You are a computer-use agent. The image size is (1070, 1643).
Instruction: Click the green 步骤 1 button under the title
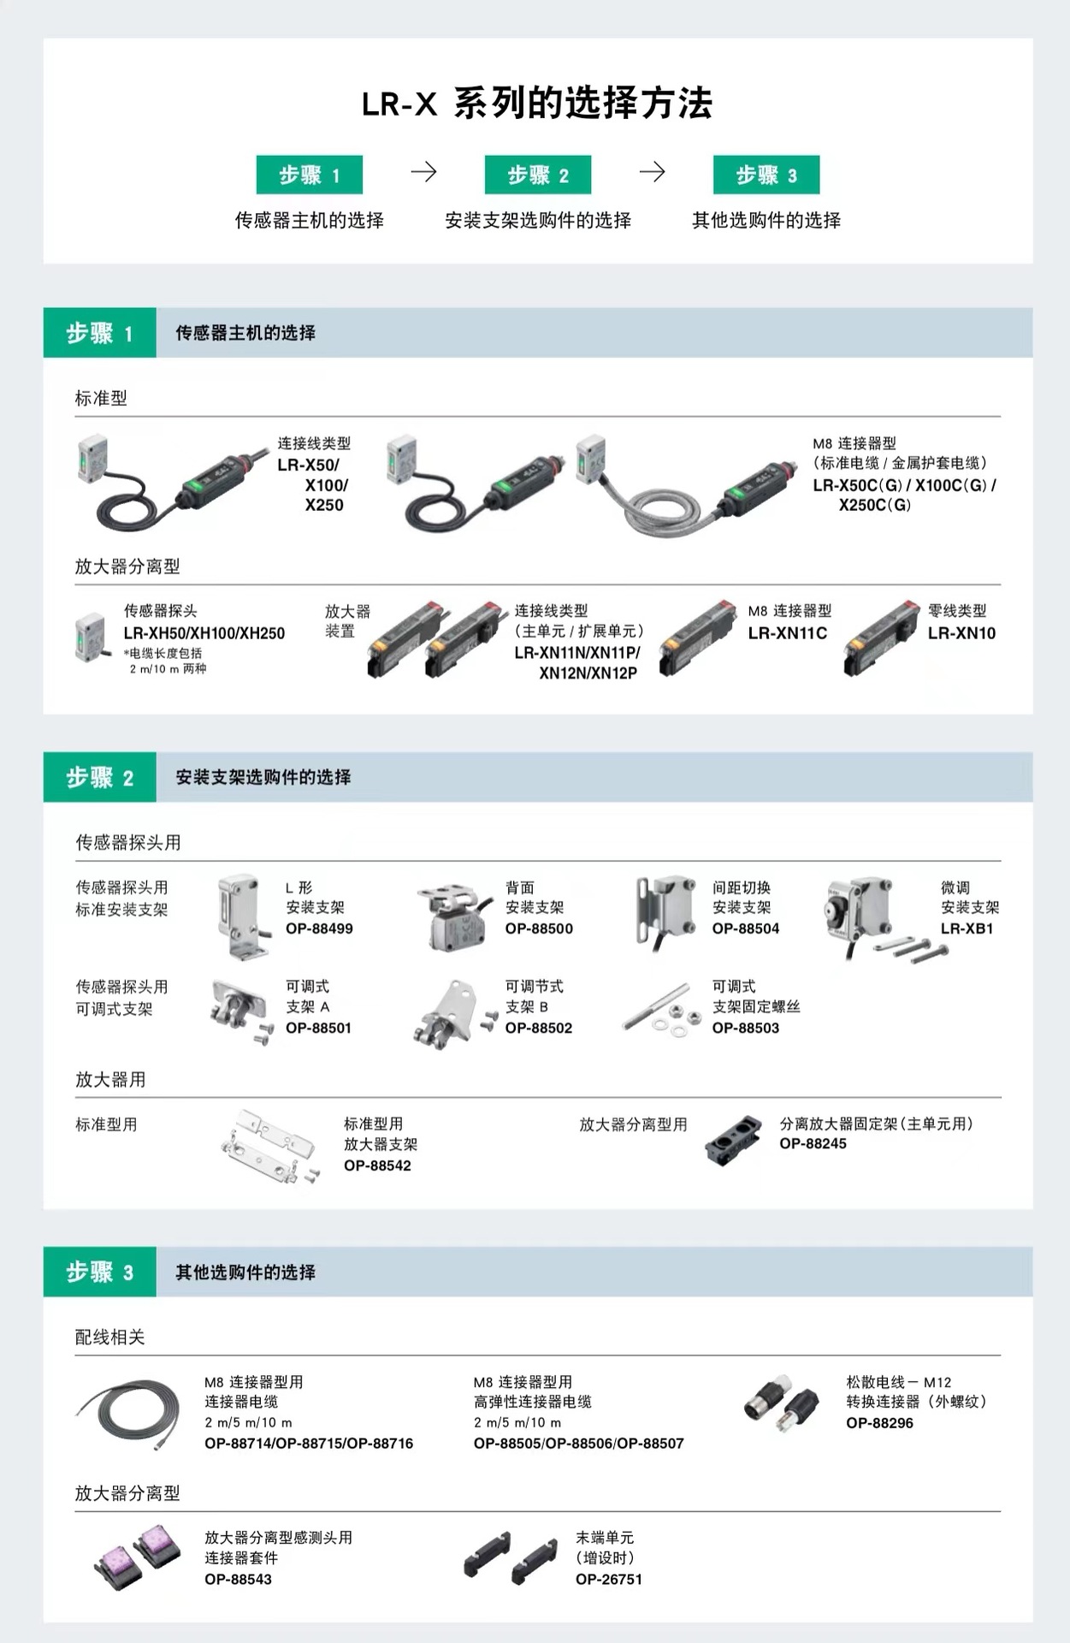[x=309, y=175]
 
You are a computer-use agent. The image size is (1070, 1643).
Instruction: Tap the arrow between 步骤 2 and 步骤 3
[x=652, y=172]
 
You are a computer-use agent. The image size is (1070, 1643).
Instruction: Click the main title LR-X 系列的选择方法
[x=536, y=104]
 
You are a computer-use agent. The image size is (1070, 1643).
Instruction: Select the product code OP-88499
[x=319, y=928]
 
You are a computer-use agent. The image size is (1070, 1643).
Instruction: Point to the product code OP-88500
[x=539, y=928]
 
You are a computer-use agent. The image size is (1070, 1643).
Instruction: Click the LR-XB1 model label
[x=967, y=928]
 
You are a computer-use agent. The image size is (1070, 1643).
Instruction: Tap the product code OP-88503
[x=745, y=1028]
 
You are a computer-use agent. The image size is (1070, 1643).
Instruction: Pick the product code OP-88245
[x=813, y=1143]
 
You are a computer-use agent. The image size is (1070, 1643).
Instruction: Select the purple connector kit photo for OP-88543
[x=137, y=1555]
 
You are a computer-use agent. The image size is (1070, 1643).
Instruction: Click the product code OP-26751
[x=608, y=1579]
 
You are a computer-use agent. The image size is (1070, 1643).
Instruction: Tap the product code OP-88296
[x=879, y=1423]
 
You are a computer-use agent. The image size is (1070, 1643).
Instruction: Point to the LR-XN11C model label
[x=787, y=633]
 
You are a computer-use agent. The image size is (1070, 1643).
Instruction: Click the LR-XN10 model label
[x=961, y=633]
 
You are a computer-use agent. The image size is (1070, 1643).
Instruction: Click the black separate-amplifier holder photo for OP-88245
[x=734, y=1140]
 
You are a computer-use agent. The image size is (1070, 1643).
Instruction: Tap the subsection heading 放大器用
[x=110, y=1080]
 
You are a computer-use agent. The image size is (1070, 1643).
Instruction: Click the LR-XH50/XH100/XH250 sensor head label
[x=204, y=633]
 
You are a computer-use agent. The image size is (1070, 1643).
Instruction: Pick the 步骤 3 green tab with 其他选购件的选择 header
[x=100, y=1272]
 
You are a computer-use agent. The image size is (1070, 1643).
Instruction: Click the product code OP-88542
[x=377, y=1166]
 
